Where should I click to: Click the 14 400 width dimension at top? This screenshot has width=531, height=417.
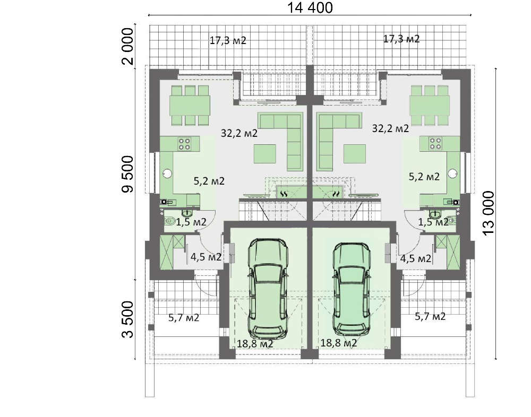tap(310, 7)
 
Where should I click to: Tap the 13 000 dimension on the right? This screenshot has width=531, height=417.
tap(489, 213)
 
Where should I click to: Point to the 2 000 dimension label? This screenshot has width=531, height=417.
tap(129, 46)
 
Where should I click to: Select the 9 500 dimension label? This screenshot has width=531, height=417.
tap(127, 175)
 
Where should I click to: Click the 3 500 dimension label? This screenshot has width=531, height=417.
tap(128, 320)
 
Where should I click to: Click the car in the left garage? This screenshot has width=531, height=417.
tap(268, 289)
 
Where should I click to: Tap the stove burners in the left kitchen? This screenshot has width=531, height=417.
tap(185, 144)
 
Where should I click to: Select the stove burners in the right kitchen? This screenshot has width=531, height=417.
tap(435, 143)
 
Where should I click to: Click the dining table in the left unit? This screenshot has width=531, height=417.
tap(190, 105)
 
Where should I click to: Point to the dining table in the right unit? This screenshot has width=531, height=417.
tap(430, 105)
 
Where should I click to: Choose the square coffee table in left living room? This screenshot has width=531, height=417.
tap(265, 154)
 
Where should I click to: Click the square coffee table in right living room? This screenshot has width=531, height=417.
tap(355, 154)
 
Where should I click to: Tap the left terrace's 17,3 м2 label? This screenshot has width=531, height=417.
tap(228, 41)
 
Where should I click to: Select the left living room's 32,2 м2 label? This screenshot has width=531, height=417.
tap(239, 133)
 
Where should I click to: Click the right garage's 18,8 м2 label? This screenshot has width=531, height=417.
tap(339, 343)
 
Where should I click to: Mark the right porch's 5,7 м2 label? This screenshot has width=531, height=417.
tap(430, 317)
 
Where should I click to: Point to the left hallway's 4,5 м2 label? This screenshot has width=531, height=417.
tap(206, 257)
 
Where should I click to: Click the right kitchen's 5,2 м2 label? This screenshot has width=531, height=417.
tap(424, 176)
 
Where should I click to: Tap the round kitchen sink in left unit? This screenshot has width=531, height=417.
tap(167, 173)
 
